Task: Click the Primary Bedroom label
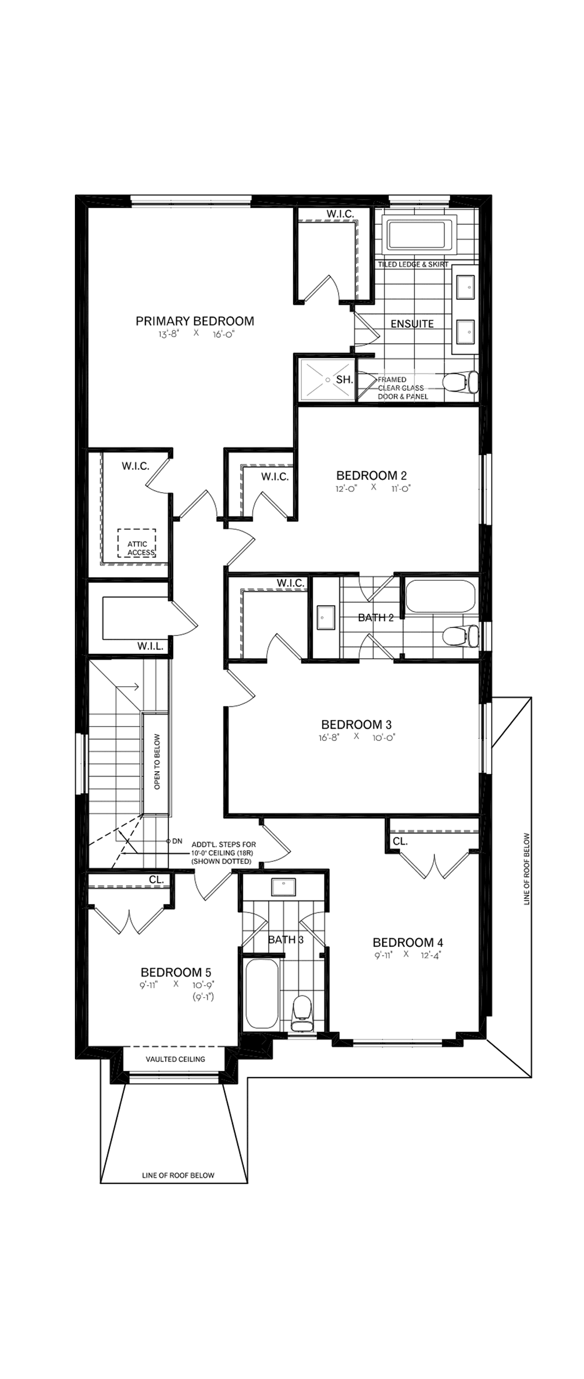[194, 321]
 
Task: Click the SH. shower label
[344, 380]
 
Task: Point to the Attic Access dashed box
[137, 543]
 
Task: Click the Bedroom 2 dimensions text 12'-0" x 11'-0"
[373, 487]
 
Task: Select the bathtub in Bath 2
[440, 596]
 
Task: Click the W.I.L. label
[150, 646]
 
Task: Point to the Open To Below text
[157, 762]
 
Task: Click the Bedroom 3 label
[356, 725]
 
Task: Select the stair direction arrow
[132, 687]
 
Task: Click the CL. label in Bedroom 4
[400, 841]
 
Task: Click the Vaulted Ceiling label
[175, 1059]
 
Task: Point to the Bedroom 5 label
[176, 972]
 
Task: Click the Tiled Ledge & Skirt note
[413, 265]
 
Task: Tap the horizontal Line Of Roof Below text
[178, 1175]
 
